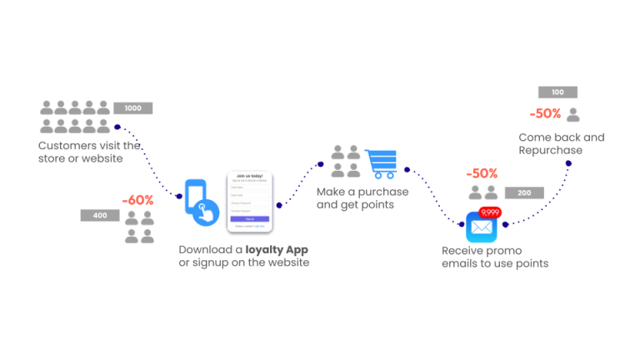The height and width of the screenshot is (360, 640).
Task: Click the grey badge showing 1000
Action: coord(132,108)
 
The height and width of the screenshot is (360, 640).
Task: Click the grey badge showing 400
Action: coord(100,216)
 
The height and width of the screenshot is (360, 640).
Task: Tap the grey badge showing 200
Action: coord(524,193)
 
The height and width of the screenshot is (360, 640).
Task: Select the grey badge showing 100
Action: coord(557,92)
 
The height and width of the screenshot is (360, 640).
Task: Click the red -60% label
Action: coord(137,201)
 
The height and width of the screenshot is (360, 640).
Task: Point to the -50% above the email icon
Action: coord(482,174)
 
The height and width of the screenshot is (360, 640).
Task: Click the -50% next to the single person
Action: coord(545,114)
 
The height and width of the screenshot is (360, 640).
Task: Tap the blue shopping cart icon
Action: coord(381,163)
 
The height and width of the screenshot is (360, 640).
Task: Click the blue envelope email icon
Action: coord(482,227)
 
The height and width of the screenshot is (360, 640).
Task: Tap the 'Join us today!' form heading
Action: coord(250,176)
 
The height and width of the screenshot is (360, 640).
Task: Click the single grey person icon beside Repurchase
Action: coord(573,115)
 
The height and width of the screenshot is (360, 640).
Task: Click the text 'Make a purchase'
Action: coord(362,192)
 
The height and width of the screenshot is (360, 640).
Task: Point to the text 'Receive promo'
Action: coord(481,251)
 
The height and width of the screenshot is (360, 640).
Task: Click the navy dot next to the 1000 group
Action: coord(117,127)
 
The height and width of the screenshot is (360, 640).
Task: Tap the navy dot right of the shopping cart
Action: coord(407,169)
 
